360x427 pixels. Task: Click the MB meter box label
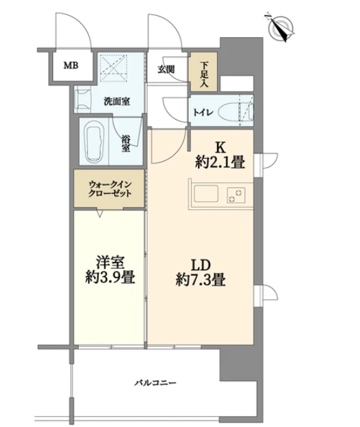click(71, 65)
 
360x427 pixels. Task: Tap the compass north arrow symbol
click(281, 28)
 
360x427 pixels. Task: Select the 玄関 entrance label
click(166, 69)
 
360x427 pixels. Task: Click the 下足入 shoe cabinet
click(204, 72)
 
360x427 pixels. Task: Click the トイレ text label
click(201, 113)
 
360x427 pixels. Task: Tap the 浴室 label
click(126, 144)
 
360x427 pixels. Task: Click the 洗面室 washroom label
click(117, 102)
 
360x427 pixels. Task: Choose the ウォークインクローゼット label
click(110, 188)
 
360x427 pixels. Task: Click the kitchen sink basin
click(205, 193)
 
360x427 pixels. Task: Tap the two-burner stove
click(236, 195)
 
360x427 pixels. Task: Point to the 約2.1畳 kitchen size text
click(220, 162)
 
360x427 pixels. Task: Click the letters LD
click(201, 265)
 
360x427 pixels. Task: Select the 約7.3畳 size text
click(201, 279)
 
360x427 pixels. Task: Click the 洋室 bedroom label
click(110, 262)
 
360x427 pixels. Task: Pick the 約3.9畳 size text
click(110, 278)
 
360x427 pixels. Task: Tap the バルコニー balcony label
click(155, 383)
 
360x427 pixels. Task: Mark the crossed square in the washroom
click(114, 68)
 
